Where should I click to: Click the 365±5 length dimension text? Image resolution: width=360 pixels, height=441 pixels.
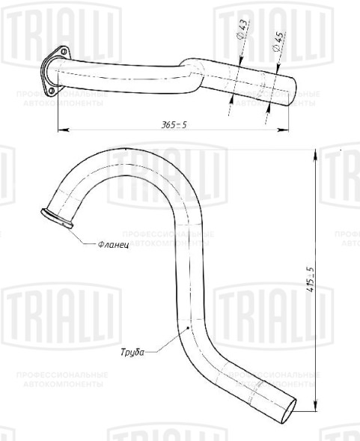[x=172, y=124]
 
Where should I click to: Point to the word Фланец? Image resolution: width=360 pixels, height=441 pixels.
[x=113, y=245]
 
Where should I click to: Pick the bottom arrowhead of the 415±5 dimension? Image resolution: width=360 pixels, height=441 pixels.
[x=314, y=410]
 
